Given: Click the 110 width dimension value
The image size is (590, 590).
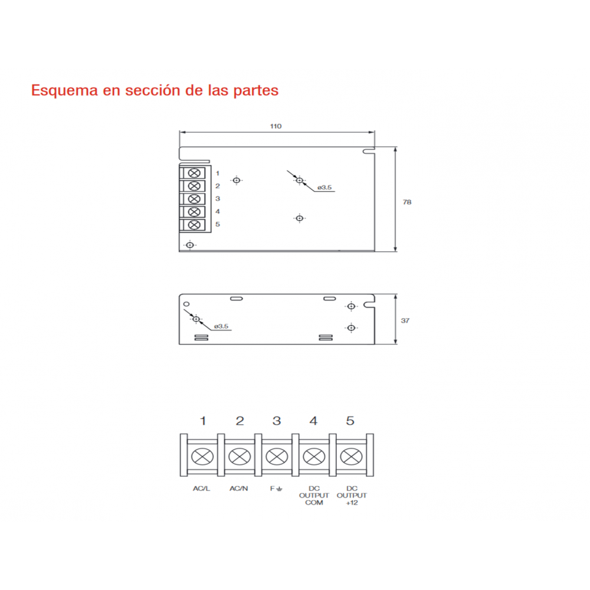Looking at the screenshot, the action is pyautogui.click(x=276, y=126).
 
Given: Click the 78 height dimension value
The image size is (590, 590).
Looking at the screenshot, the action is pyautogui.click(x=407, y=202).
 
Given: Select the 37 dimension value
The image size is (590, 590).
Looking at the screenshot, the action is pyautogui.click(x=405, y=320).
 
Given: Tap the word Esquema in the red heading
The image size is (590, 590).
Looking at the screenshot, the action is pyautogui.click(x=64, y=91).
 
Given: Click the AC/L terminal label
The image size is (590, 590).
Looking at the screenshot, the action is pyautogui.click(x=201, y=489).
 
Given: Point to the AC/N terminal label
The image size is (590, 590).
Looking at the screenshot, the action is pyautogui.click(x=238, y=489).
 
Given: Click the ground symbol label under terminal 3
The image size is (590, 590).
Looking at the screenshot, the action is pyautogui.click(x=276, y=489).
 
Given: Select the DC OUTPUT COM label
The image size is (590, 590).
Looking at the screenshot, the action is pyautogui.click(x=314, y=496).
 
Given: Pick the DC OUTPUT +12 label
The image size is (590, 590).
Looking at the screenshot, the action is pyautogui.click(x=352, y=496).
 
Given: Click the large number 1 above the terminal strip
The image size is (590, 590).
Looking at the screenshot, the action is pyautogui.click(x=203, y=421).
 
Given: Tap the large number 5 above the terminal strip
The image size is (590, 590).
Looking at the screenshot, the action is pyautogui.click(x=350, y=421).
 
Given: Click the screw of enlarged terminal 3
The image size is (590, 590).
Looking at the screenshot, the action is pyautogui.click(x=277, y=457).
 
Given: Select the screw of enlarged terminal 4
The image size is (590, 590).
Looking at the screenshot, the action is pyautogui.click(x=314, y=457).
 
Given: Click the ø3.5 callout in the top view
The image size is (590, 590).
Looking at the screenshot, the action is pyautogui.click(x=324, y=188).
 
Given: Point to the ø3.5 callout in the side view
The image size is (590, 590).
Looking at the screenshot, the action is pyautogui.click(x=221, y=326).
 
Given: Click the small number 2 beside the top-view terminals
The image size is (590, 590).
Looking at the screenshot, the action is pyautogui.click(x=218, y=186).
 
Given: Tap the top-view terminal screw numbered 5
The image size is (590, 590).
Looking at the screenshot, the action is pyautogui.click(x=194, y=225).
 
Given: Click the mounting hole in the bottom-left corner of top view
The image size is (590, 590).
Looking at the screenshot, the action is pyautogui.click(x=189, y=245).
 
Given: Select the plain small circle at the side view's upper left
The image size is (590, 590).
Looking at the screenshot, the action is pyautogui.click(x=186, y=304).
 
